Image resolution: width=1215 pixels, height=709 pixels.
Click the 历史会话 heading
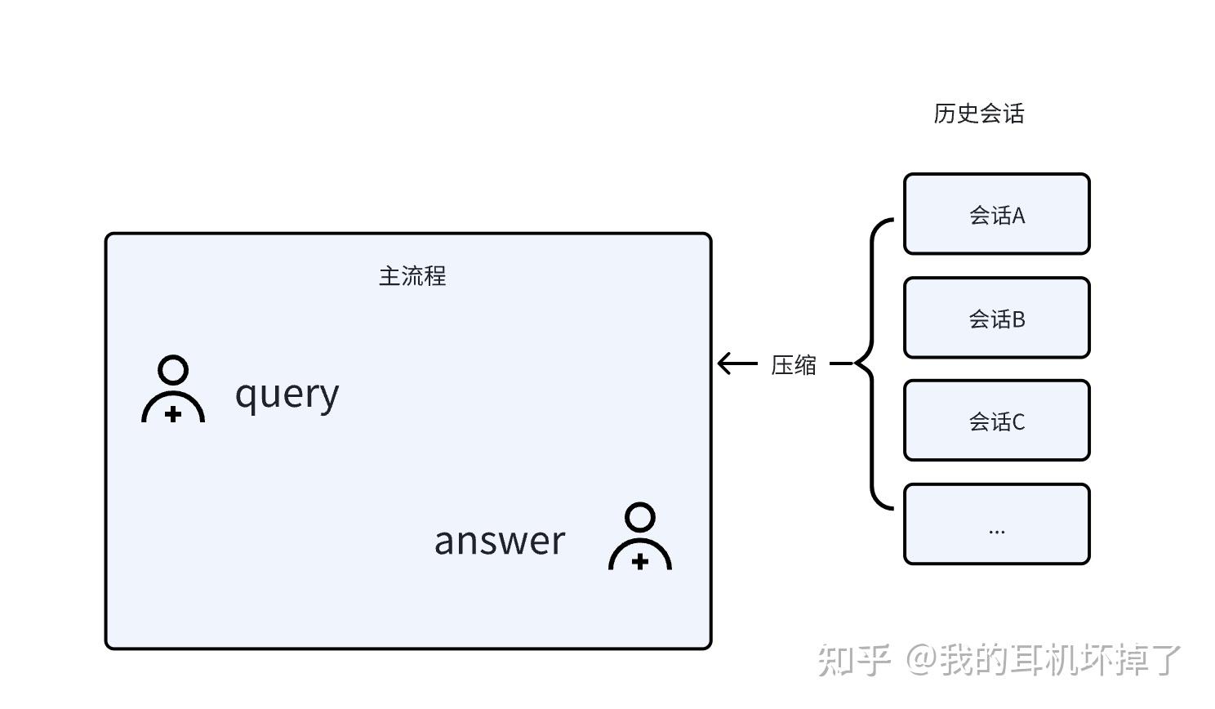978,114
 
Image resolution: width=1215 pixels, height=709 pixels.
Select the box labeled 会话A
996,214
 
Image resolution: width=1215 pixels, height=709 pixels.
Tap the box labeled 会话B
996,318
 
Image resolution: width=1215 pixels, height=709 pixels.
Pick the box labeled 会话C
996,421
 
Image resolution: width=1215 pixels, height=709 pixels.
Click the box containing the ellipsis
996,524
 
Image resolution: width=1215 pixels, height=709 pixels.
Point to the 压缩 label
794,364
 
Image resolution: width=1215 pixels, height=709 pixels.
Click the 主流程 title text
412,276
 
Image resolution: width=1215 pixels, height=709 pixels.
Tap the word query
287,395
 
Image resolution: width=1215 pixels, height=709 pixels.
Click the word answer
499,541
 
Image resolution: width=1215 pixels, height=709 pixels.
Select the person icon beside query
173,390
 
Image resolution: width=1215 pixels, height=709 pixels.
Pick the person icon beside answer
640,537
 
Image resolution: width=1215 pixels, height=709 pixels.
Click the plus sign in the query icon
173,414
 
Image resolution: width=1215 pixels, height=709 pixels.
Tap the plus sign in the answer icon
640,561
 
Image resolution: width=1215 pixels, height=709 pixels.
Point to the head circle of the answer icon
640,517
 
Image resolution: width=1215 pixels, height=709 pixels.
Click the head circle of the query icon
173,370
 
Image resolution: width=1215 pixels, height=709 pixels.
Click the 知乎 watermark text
853,660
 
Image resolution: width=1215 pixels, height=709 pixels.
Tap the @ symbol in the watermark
921,659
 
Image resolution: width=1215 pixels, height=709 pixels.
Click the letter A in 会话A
1018,216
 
